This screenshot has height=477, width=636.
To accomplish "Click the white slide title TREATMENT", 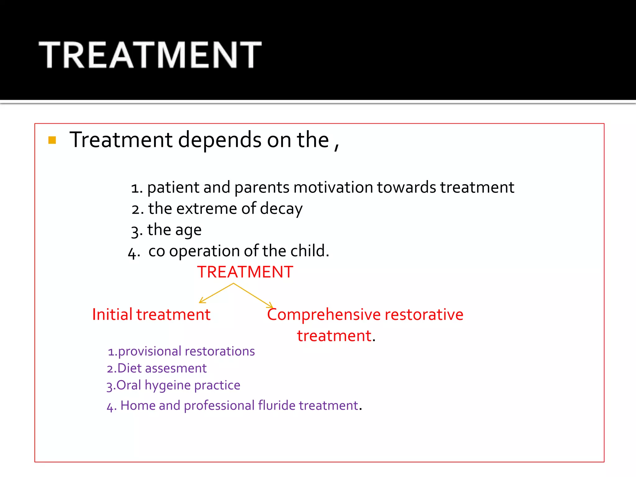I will point(150,55).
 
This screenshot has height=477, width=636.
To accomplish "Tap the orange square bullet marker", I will point(52,140).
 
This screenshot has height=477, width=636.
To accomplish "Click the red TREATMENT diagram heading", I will point(245,272).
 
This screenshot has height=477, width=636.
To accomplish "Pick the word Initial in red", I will point(112,314).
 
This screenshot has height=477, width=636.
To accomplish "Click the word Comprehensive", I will point(324,315).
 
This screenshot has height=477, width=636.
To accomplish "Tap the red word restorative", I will point(424,314).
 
